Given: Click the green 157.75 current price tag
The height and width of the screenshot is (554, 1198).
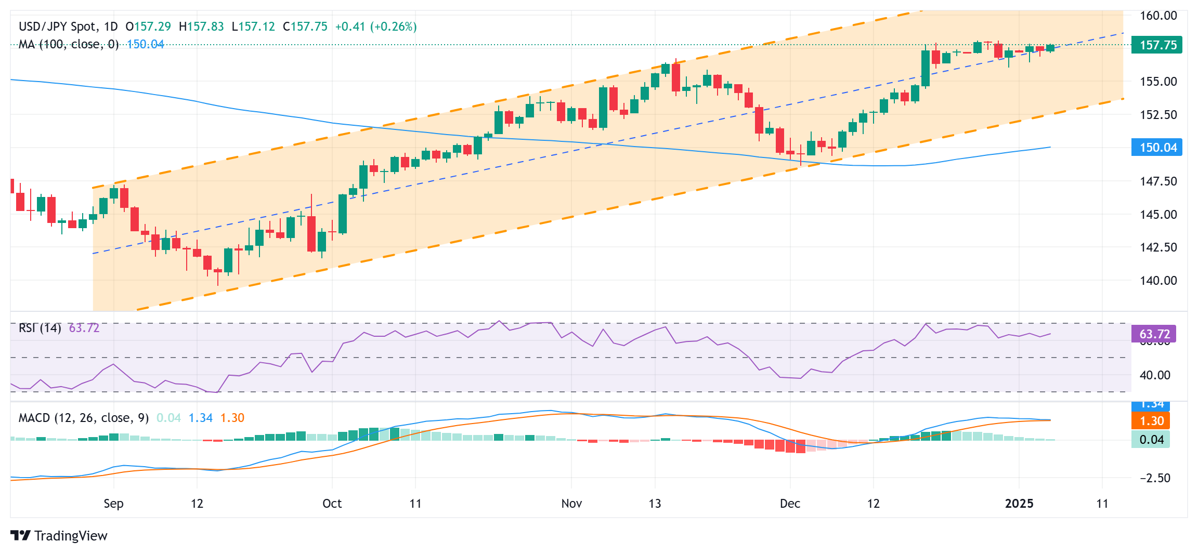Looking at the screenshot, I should tap(1157, 45).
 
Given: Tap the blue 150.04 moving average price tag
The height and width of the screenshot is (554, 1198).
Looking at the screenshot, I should tap(1157, 148).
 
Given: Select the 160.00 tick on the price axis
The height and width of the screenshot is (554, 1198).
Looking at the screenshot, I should tap(1158, 16).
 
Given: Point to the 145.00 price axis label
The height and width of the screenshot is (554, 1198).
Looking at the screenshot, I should tap(1158, 214).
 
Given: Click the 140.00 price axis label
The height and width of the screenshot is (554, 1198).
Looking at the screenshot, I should tap(1158, 281).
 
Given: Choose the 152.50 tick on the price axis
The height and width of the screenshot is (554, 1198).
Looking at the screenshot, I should tap(1158, 115).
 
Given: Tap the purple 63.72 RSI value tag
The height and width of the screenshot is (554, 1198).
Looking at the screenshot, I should tap(1154, 334).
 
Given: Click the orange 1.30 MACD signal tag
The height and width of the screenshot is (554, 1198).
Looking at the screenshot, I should tap(1151, 421).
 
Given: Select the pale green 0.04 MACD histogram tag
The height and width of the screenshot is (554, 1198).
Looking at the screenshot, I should tap(1151, 440).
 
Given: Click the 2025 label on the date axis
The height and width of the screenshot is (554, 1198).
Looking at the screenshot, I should tap(1019, 504).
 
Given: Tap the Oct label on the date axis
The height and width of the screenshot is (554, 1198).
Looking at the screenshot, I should tap(332, 504).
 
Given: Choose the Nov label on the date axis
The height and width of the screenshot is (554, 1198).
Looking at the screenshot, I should tap(571, 504).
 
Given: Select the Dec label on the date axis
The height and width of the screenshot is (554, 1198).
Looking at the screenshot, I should tap(790, 504).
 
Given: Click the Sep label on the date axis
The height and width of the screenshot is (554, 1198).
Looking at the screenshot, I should tap(113, 504).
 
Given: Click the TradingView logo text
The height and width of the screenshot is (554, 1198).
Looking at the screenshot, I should tap(70, 536).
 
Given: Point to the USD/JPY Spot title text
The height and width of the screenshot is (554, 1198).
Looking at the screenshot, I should tap(57, 27).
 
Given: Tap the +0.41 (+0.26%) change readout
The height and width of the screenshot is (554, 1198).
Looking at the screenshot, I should tap(375, 27).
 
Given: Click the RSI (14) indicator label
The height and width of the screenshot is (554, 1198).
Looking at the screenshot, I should tap(40, 328).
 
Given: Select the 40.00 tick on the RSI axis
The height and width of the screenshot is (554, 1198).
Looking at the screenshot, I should tap(1155, 375).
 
